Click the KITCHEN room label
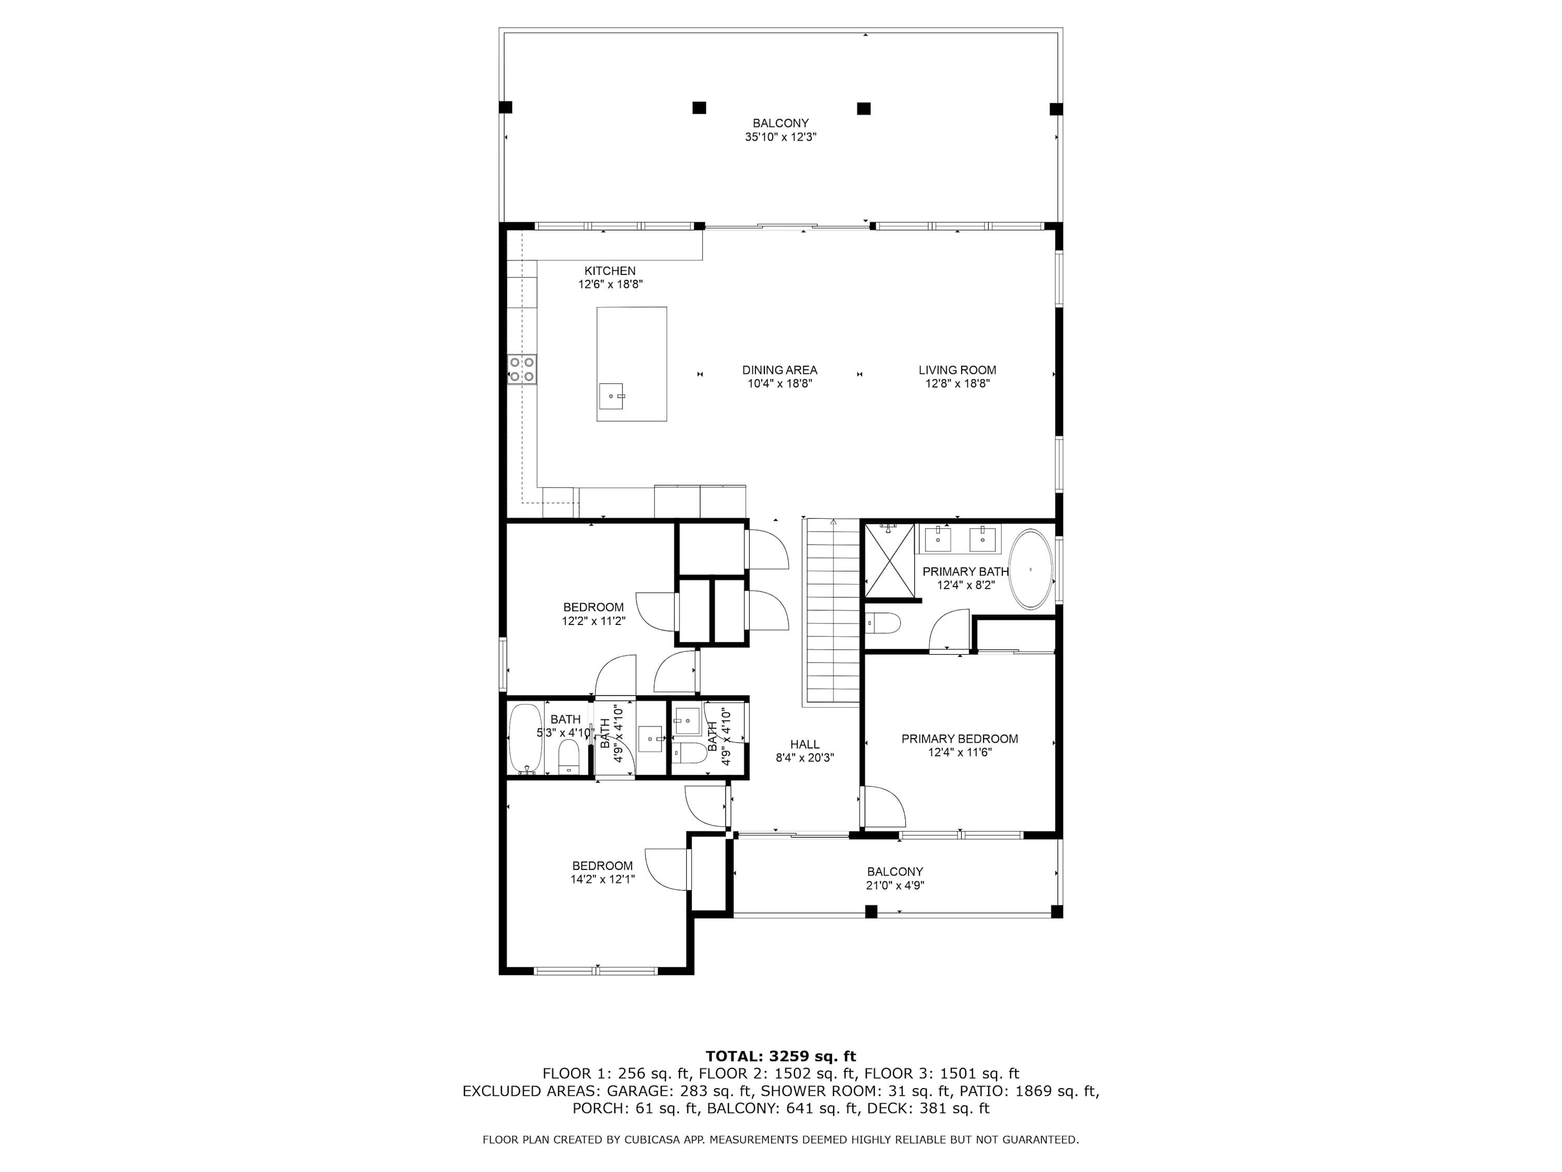coord(610,270)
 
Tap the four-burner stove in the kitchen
coord(522,369)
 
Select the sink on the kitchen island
coord(612,396)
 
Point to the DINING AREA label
coord(779,369)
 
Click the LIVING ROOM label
coord(958,369)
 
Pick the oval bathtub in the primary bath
coord(1031,569)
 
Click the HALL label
coord(805,744)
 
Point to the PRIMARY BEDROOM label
coord(960,739)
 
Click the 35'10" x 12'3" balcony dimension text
coord(780,137)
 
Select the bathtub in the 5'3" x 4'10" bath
coord(525,739)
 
